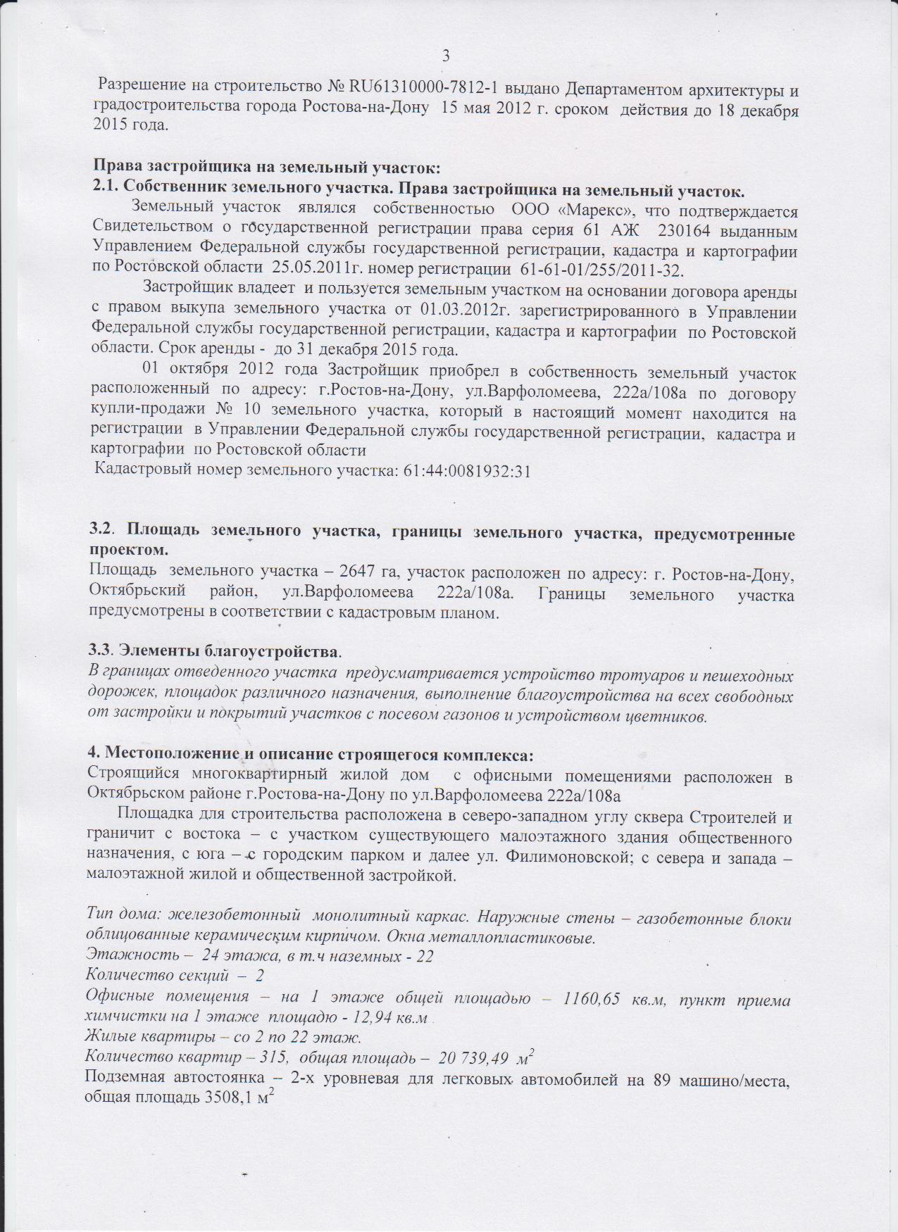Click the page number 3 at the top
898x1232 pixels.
[445, 57]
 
